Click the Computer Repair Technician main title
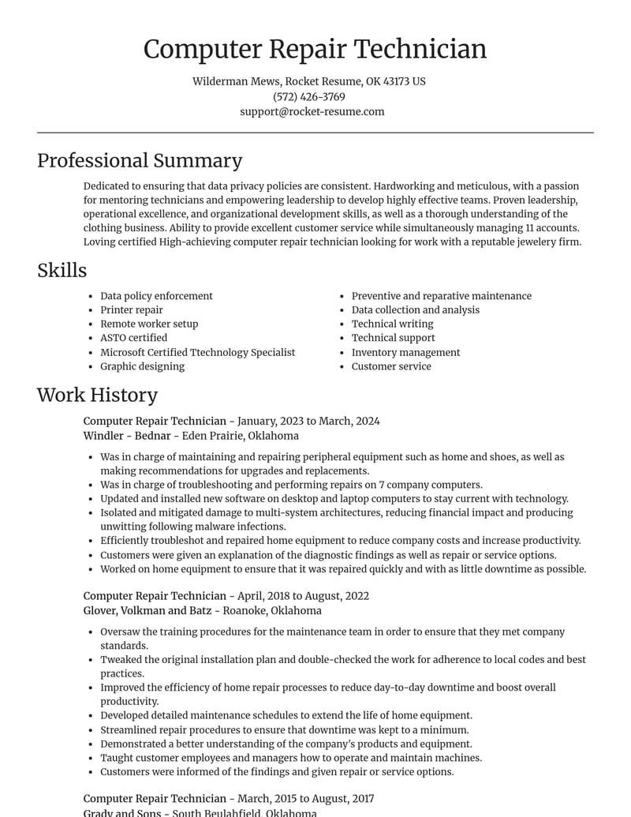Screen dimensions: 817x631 (315, 49)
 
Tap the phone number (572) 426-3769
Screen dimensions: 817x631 (309, 96)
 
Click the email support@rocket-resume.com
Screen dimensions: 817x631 (312, 111)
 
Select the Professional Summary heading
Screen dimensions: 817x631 (140, 160)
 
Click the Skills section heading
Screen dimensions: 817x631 (62, 270)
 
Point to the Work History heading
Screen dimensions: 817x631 (97, 394)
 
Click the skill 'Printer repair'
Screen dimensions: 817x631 (132, 309)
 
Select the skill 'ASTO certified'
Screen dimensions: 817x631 (133, 338)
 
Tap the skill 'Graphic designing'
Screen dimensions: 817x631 (142, 366)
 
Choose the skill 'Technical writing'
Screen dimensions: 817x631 (392, 324)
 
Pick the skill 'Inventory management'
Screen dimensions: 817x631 (405, 352)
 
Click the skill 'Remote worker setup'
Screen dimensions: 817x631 (149, 324)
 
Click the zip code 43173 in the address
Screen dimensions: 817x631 (395, 81)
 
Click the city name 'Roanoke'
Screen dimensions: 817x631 (245, 610)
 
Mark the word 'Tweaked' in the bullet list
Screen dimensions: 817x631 (122, 659)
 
